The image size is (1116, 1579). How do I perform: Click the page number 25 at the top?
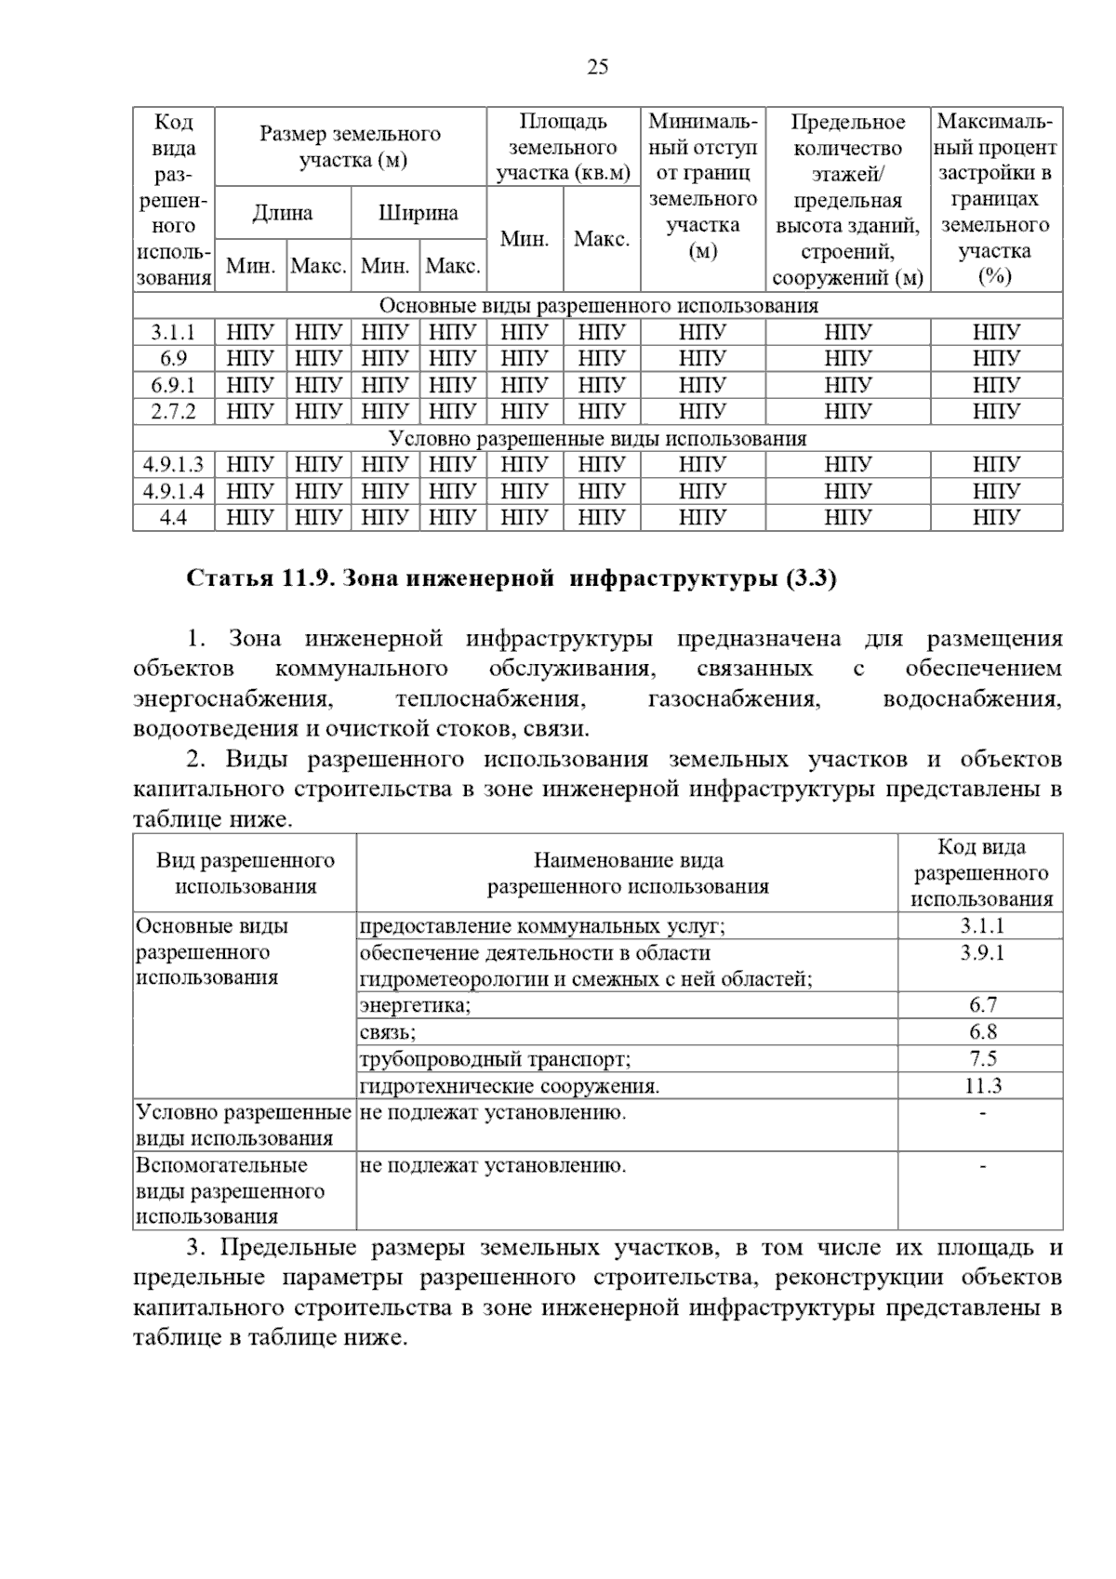tap(598, 66)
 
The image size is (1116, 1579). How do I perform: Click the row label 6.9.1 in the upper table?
tap(173, 385)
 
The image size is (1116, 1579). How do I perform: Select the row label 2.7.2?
tap(173, 411)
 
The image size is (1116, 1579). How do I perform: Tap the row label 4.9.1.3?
tap(173, 464)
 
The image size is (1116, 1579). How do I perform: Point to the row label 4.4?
tap(173, 517)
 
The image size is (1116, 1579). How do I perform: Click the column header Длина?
tap(283, 213)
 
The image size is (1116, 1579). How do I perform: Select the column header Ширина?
tap(418, 213)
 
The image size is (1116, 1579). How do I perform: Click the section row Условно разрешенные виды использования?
tap(597, 438)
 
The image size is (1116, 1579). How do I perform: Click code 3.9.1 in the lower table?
tap(982, 952)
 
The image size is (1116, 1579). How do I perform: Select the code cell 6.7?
tap(982, 1005)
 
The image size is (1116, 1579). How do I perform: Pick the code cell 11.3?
tap(982, 1085)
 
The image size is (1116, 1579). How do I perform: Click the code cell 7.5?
tap(982, 1058)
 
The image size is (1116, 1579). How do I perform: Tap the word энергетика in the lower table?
tap(416, 1005)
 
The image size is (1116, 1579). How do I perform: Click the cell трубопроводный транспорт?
tap(495, 1059)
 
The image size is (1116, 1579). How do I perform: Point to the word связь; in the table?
tap(388, 1032)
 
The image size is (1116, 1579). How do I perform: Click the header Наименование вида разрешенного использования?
tap(628, 873)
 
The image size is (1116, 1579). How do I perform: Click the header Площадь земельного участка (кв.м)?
tap(563, 147)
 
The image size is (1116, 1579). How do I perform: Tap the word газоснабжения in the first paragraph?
tap(734, 699)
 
